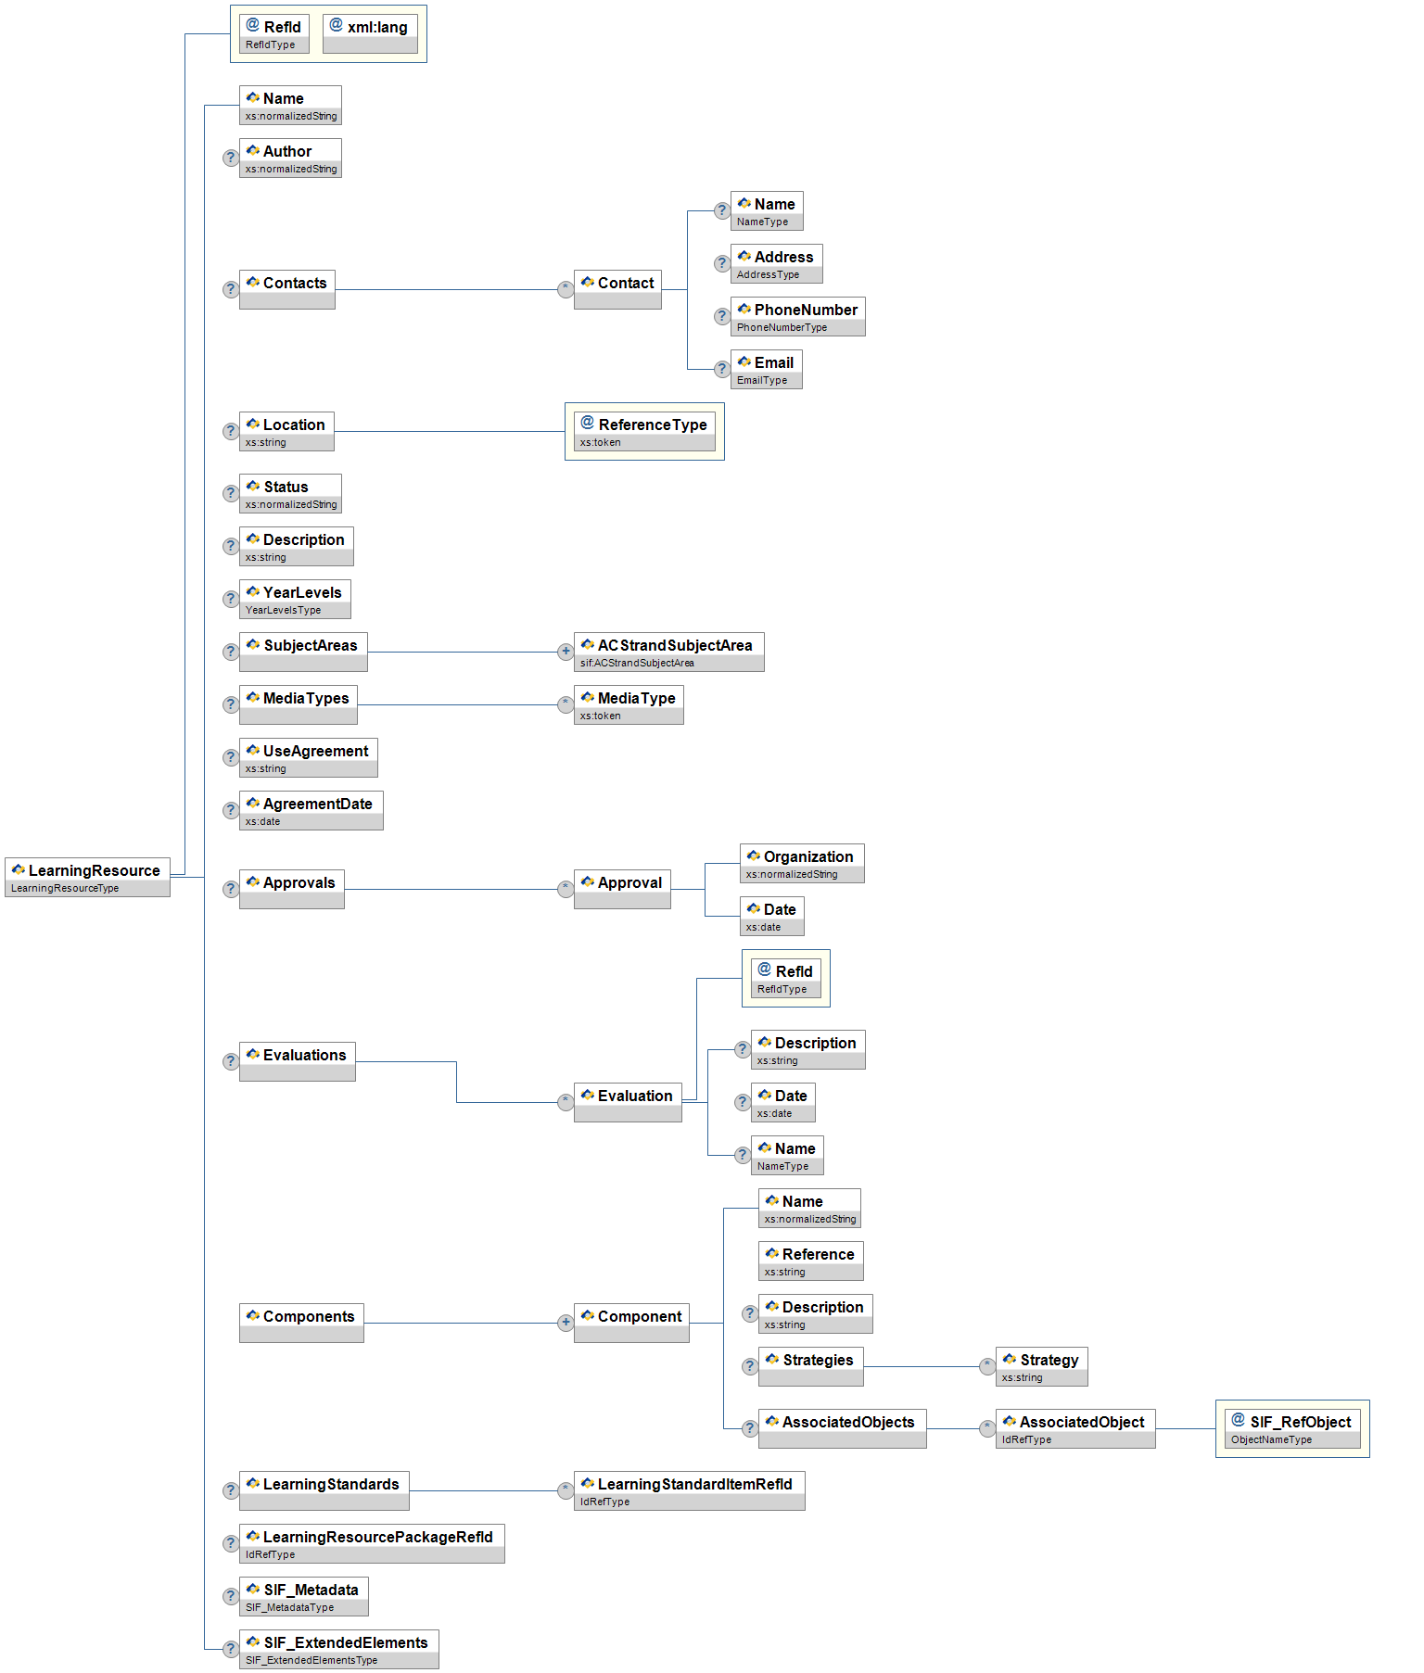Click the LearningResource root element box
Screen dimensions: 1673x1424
[x=87, y=877]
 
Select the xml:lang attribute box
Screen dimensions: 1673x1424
[x=370, y=33]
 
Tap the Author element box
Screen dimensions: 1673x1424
[x=290, y=158]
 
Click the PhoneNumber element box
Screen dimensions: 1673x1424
[x=797, y=316]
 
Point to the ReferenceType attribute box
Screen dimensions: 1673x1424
[x=644, y=431]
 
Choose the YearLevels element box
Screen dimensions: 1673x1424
[x=295, y=599]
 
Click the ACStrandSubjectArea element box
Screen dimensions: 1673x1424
[x=668, y=652]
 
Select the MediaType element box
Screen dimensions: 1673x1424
[x=629, y=704]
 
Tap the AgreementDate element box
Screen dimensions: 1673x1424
[x=311, y=810]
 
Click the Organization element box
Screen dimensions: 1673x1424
[x=801, y=863]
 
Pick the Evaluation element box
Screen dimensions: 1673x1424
[x=628, y=1102]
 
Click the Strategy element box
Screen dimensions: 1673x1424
[x=1041, y=1366]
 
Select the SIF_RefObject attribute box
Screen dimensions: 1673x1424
[x=1292, y=1428]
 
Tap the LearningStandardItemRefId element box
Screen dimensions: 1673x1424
[x=689, y=1490]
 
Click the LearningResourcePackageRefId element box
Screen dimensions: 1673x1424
[x=372, y=1543]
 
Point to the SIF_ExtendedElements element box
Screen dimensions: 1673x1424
[x=338, y=1649]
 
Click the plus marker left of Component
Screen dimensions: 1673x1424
[x=566, y=1323]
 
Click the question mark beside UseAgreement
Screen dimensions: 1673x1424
[x=231, y=757]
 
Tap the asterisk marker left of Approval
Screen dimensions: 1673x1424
[x=566, y=889]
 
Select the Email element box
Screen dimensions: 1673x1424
[x=766, y=369]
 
